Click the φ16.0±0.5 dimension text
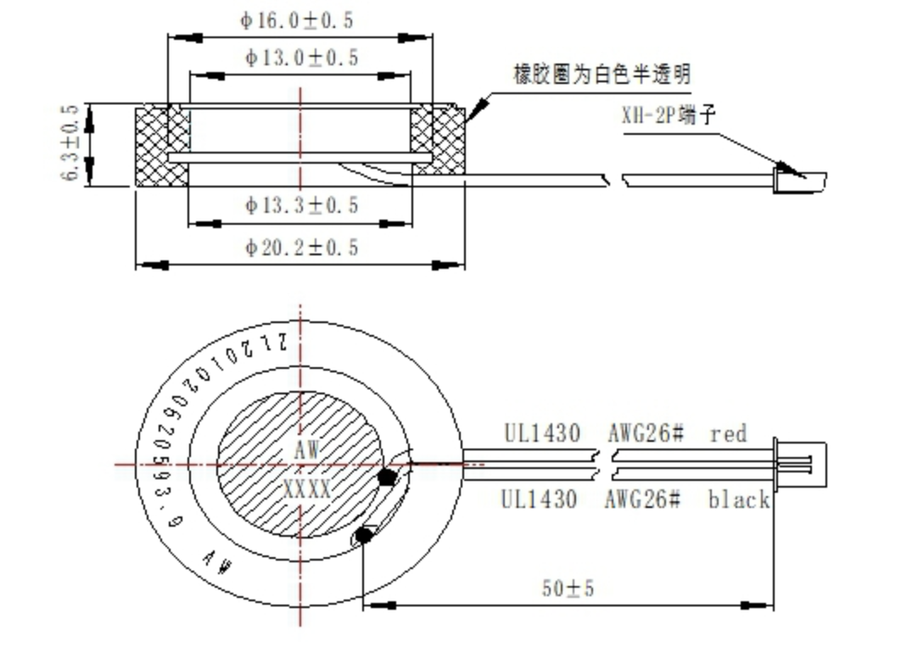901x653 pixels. click(296, 20)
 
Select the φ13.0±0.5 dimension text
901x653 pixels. click(301, 58)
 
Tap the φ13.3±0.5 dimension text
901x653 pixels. click(301, 205)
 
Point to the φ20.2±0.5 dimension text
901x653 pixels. click(301, 247)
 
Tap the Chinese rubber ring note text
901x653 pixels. click(602, 75)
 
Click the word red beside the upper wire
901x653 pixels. click(729, 433)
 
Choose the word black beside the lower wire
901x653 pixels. click(739, 500)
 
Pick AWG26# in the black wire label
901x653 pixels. click(643, 500)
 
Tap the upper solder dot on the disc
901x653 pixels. click(388, 477)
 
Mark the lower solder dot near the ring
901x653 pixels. click(364, 535)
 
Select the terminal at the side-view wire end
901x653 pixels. click(798, 180)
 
